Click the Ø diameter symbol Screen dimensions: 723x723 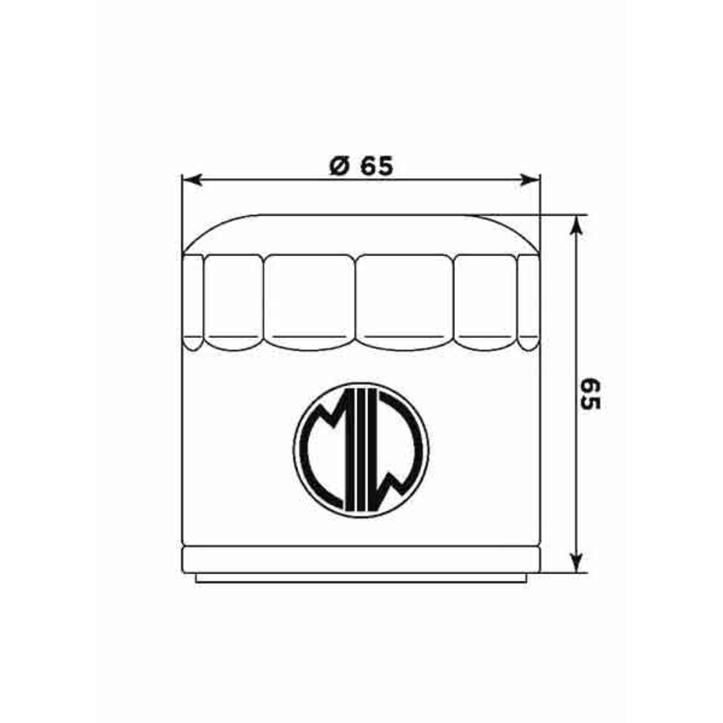(x=339, y=167)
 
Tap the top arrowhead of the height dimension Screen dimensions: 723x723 (x=576, y=225)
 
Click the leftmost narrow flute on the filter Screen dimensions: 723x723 (x=193, y=301)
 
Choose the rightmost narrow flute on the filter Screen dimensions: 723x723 (x=528, y=301)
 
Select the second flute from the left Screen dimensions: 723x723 (x=233, y=301)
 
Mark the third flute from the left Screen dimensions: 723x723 (x=309, y=301)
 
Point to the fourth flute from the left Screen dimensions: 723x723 (x=405, y=301)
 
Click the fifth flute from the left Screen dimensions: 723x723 (x=485, y=301)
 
